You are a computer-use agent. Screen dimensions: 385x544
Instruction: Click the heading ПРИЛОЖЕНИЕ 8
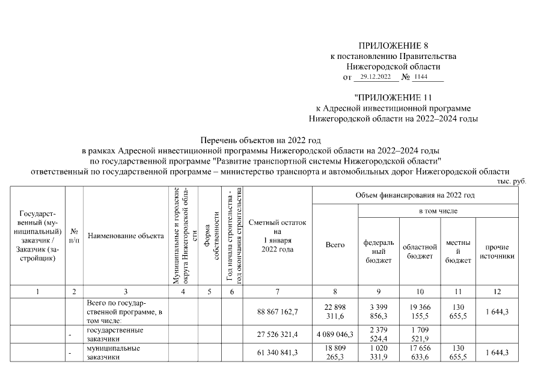[393, 46]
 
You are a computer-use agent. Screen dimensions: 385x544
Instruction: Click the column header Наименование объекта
[126, 236]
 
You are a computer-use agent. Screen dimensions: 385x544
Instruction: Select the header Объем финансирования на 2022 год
[415, 196]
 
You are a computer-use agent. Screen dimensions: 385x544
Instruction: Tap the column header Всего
[335, 245]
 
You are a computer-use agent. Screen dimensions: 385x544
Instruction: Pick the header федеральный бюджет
[379, 251]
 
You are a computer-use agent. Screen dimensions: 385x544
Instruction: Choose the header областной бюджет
[419, 251]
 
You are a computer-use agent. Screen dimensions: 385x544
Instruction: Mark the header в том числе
[438, 211]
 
